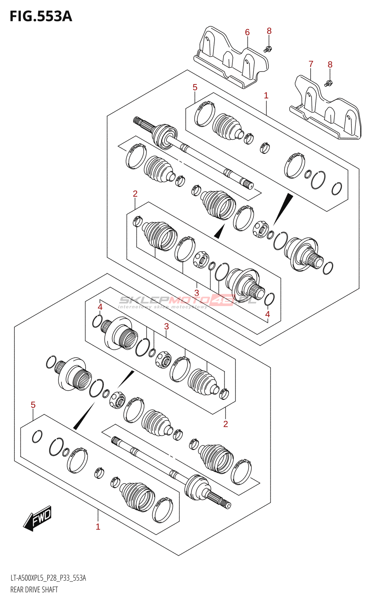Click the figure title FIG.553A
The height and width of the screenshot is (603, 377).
[41, 17]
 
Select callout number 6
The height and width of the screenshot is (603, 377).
[247, 32]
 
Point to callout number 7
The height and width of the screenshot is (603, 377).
[311, 64]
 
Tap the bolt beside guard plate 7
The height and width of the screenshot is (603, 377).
[328, 83]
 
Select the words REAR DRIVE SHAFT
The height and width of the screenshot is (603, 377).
[34, 589]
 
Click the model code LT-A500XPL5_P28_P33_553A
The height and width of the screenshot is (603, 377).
[48, 578]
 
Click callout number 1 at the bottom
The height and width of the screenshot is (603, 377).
[98, 526]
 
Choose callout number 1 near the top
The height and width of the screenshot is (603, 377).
[266, 96]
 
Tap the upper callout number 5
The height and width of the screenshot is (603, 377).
[195, 87]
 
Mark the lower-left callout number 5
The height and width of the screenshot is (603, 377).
[33, 405]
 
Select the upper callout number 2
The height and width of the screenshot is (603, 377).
[135, 194]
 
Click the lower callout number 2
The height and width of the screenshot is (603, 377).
[225, 424]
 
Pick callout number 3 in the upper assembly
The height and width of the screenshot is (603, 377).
[197, 293]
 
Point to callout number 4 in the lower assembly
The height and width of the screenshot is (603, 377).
[100, 307]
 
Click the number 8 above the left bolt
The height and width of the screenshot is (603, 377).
[269, 31]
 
